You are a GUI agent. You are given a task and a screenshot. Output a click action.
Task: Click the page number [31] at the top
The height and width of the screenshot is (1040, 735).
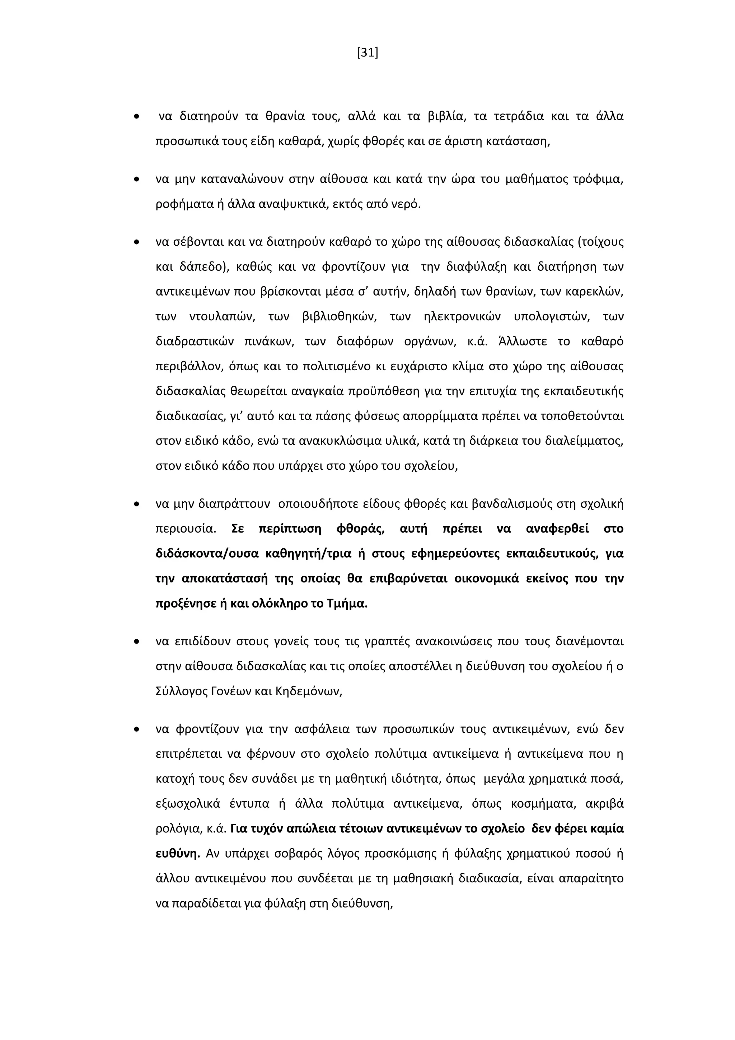367,53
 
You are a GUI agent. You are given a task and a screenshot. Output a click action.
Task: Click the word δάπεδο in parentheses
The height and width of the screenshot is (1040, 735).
201,267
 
